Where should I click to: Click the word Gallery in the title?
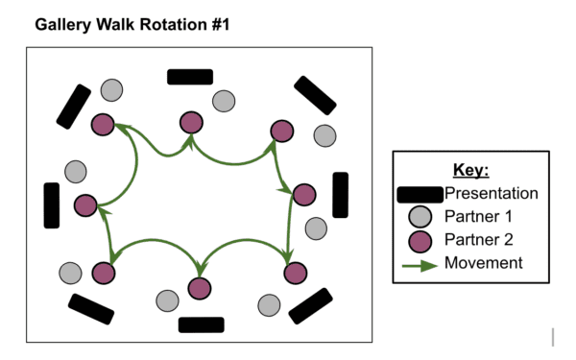point(64,24)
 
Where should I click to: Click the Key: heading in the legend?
point(470,171)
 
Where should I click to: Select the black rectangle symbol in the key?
point(420,194)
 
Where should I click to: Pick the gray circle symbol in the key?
point(420,217)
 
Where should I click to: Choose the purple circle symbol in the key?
point(420,240)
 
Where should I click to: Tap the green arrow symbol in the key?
point(420,263)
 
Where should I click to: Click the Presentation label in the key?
point(491,194)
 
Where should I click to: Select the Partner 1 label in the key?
point(477,217)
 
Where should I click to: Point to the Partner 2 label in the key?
point(477,240)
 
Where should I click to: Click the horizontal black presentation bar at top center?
point(189,77)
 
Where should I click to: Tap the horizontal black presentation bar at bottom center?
point(201,324)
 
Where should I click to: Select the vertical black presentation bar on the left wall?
point(51,204)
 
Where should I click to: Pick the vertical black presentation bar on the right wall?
point(340,195)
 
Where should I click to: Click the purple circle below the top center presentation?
point(191,122)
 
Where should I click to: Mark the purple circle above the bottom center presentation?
point(199,287)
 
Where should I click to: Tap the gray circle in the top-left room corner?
point(112,90)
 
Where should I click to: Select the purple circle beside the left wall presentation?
point(85,204)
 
